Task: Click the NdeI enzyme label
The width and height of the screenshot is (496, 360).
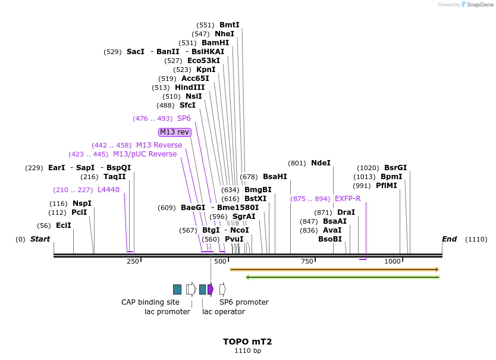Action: coord(321,163)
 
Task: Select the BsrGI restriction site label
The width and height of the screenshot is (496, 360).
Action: coord(395,168)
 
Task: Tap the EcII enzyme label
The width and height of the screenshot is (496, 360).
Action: coord(64,226)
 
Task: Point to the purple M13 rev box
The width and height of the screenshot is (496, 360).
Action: coord(175,132)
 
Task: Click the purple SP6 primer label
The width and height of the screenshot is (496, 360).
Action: coord(184,118)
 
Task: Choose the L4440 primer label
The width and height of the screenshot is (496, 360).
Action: coord(108,190)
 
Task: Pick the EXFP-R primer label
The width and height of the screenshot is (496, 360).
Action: coord(348,199)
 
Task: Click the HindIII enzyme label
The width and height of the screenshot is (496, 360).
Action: coord(190,87)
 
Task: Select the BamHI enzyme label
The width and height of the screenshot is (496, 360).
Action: coord(215,43)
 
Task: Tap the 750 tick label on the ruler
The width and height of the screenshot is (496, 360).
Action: coord(307,262)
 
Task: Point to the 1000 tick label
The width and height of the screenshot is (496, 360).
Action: coord(393,262)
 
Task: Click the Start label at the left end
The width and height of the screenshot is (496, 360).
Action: coord(40,239)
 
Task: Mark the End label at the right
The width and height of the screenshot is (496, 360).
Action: coord(449,239)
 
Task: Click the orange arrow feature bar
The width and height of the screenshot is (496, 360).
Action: coord(334,270)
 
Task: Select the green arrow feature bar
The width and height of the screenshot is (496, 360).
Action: coord(343,277)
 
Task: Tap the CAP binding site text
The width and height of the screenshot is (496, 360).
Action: coord(150,302)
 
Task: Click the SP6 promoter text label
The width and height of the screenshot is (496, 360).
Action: coord(244,302)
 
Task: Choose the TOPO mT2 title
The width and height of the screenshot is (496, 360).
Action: coord(247,342)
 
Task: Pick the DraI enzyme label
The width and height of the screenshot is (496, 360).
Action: coord(346,212)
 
